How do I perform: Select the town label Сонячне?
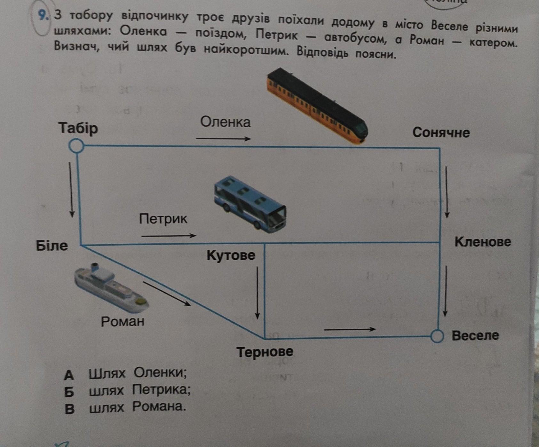441,132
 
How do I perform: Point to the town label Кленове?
483,242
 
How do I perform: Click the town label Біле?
52,246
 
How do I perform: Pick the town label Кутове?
231,255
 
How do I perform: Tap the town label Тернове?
265,352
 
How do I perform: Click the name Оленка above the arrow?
226,122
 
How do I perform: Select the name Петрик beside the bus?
163,219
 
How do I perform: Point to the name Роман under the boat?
123,321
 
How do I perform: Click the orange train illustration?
317,106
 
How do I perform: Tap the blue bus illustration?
250,203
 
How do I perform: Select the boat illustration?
112,288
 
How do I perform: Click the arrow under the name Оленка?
224,139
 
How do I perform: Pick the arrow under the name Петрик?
169,236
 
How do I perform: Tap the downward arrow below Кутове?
257,293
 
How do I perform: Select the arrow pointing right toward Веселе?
350,329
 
